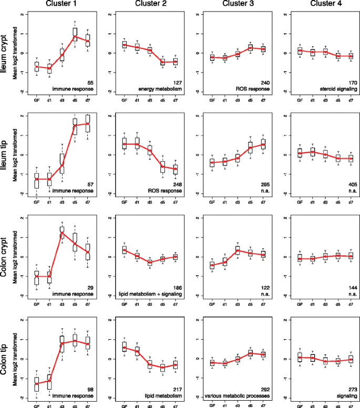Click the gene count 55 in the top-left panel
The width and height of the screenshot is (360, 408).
[90, 83]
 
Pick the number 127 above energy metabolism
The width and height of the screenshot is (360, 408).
[177, 83]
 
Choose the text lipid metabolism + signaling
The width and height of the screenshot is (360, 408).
[157, 294]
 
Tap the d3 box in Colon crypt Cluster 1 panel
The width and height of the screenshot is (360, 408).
[61, 233]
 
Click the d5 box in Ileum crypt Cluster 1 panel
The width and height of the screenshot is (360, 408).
[75, 35]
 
